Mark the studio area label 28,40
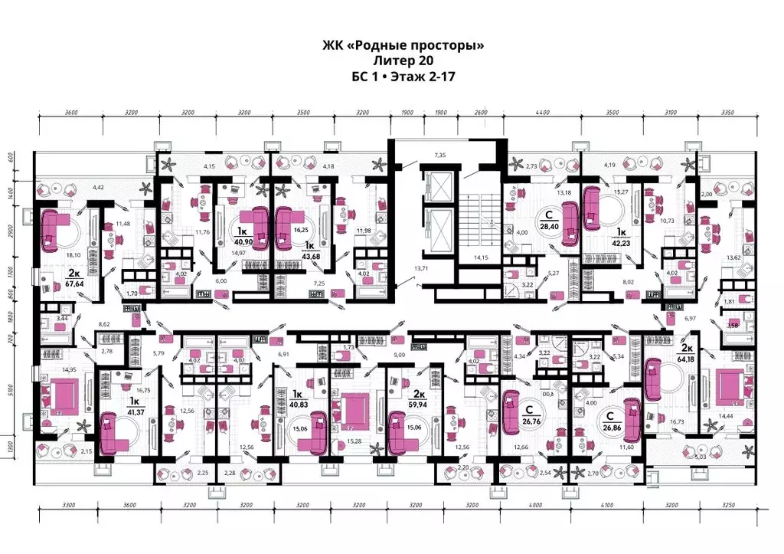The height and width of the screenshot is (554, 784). pos(547,227)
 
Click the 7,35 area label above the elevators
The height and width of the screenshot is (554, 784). pos(439,156)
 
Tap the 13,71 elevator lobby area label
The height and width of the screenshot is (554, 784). pos(420,269)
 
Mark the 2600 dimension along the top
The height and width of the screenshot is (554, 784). pos(480,113)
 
